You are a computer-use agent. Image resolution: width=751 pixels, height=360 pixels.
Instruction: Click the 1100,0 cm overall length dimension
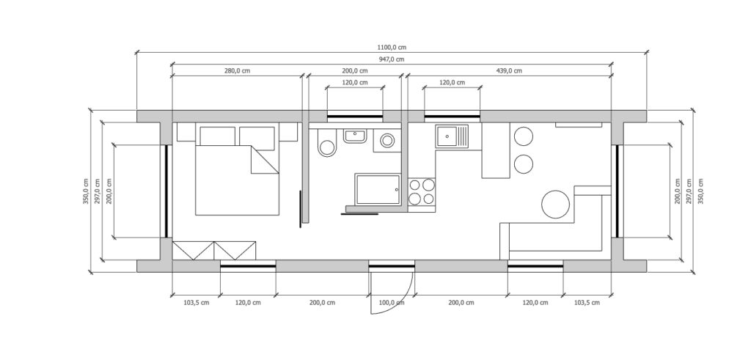point(392,48)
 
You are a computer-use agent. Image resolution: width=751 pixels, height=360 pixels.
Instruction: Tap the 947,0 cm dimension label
point(392,59)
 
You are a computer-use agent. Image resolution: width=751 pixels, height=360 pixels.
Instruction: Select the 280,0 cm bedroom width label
point(238,71)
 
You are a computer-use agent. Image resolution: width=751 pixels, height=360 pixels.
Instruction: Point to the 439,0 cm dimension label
point(509,71)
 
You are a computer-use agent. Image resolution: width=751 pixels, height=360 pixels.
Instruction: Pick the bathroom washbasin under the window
point(354,136)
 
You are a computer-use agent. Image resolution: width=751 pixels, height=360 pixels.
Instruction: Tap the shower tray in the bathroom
point(377,189)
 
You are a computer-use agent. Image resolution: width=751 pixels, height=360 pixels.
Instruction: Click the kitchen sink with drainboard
point(452,136)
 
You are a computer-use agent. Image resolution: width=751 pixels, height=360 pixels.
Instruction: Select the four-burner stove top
point(422,191)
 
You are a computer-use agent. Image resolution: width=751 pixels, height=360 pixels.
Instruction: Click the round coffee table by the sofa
point(556,205)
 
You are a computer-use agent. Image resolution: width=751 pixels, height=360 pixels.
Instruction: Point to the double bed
point(237,169)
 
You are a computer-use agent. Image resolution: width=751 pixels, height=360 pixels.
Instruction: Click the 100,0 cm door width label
point(392,303)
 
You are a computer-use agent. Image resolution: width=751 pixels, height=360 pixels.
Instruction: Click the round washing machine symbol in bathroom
point(387,141)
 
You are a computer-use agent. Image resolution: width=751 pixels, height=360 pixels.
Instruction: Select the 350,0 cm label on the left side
point(86,191)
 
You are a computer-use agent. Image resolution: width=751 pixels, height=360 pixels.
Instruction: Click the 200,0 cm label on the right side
point(677,191)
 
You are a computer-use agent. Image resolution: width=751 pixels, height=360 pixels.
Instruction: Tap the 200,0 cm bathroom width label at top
point(355,71)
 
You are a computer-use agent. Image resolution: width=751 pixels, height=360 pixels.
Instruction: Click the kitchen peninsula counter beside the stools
point(496,150)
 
